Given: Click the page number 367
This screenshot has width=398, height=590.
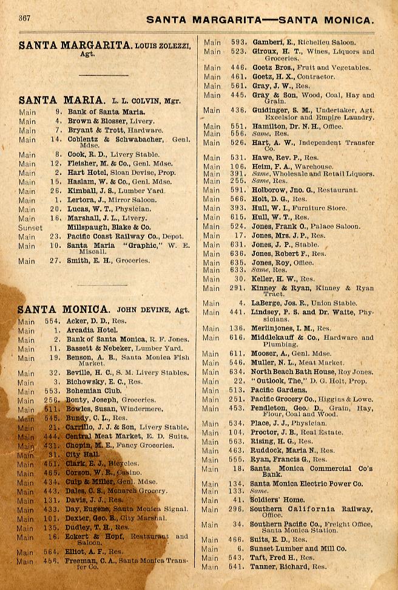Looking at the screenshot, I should tap(25, 18).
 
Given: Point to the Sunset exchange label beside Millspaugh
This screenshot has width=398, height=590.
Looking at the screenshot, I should tap(31, 228).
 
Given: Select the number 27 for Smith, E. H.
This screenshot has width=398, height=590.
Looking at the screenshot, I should tap(58, 261).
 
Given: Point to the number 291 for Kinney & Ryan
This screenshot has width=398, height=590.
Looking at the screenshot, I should tap(238, 289).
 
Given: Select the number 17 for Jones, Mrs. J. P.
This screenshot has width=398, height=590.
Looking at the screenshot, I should tap(241, 235).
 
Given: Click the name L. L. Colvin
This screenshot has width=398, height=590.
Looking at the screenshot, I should tap(126, 100).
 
